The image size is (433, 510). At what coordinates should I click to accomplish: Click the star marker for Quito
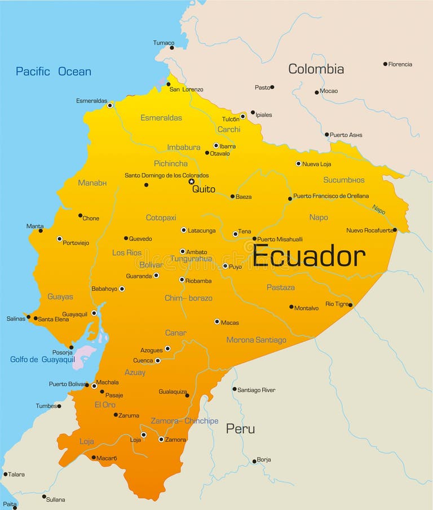coord(192,181)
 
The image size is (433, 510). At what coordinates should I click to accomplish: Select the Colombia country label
coord(316,69)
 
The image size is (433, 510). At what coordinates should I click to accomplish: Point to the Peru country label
coord(240,429)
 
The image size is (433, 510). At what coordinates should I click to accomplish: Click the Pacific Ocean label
coord(54,72)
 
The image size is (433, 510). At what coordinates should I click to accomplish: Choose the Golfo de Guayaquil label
coord(42,360)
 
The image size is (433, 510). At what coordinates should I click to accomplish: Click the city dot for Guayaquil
coord(94,313)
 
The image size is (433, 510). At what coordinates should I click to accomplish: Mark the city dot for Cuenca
coord(157,361)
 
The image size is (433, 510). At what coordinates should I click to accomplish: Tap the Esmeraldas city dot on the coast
coord(110,105)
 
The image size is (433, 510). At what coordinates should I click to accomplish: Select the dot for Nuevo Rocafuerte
coord(395,230)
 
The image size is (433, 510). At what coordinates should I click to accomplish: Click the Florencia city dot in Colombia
coord(385,64)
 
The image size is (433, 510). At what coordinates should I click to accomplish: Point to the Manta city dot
coord(41,230)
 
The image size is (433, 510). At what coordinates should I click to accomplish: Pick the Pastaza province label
coord(280,287)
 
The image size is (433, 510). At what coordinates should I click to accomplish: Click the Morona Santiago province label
coord(256,340)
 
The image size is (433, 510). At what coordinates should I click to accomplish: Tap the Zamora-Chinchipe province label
coord(184,421)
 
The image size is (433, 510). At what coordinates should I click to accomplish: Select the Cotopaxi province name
coord(161,218)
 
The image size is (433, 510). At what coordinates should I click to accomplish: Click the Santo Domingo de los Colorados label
coord(166,175)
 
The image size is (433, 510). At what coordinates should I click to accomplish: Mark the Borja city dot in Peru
coord(254,462)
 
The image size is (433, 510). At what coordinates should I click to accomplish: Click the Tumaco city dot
coord(172,48)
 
